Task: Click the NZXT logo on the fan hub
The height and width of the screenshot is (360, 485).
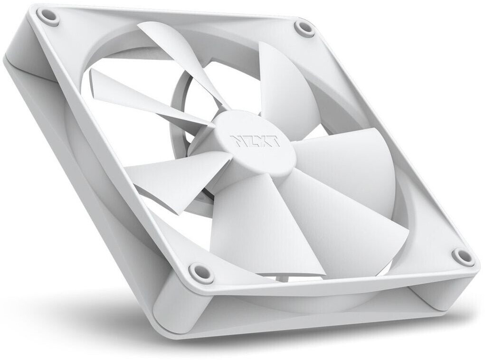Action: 255,141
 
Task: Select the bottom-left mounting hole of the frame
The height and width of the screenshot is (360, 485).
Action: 197,270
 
